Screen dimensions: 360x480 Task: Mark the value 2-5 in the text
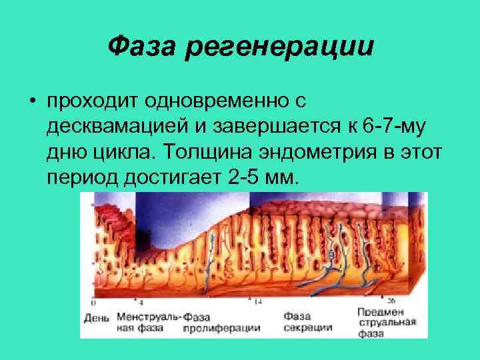(245, 179)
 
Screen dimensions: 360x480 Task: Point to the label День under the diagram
(97, 318)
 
